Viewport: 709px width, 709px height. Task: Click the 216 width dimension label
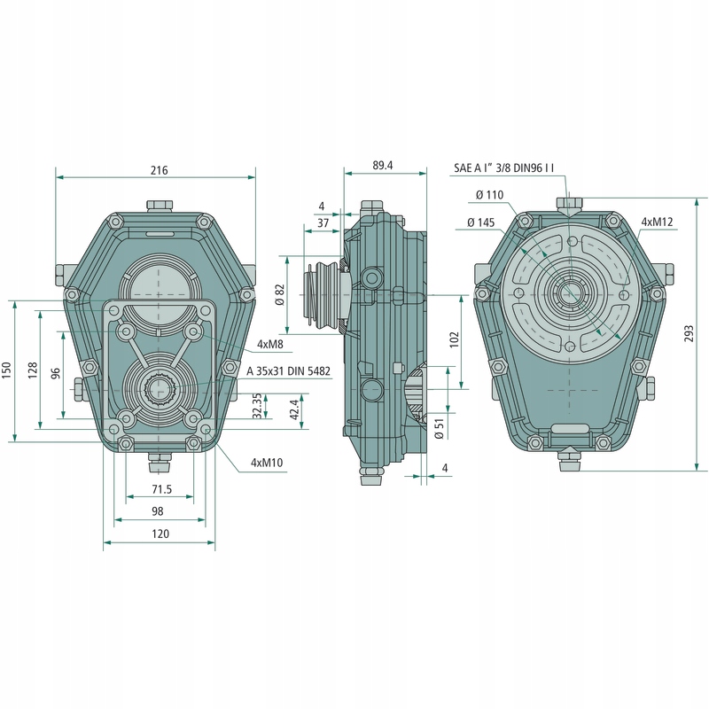[160, 169]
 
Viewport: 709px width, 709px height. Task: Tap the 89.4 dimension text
[383, 165]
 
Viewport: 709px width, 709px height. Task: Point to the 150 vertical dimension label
[7, 370]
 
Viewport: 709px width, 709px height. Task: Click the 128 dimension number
[32, 370]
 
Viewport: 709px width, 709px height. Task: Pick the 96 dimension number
[55, 373]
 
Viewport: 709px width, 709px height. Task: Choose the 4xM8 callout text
[270, 343]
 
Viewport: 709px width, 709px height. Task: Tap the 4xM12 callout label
[657, 222]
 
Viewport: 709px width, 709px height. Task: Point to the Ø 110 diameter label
[489, 195]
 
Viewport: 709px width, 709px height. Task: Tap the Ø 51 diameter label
[439, 427]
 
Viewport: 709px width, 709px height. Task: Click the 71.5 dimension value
[160, 489]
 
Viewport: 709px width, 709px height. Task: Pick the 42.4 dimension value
[294, 410]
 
